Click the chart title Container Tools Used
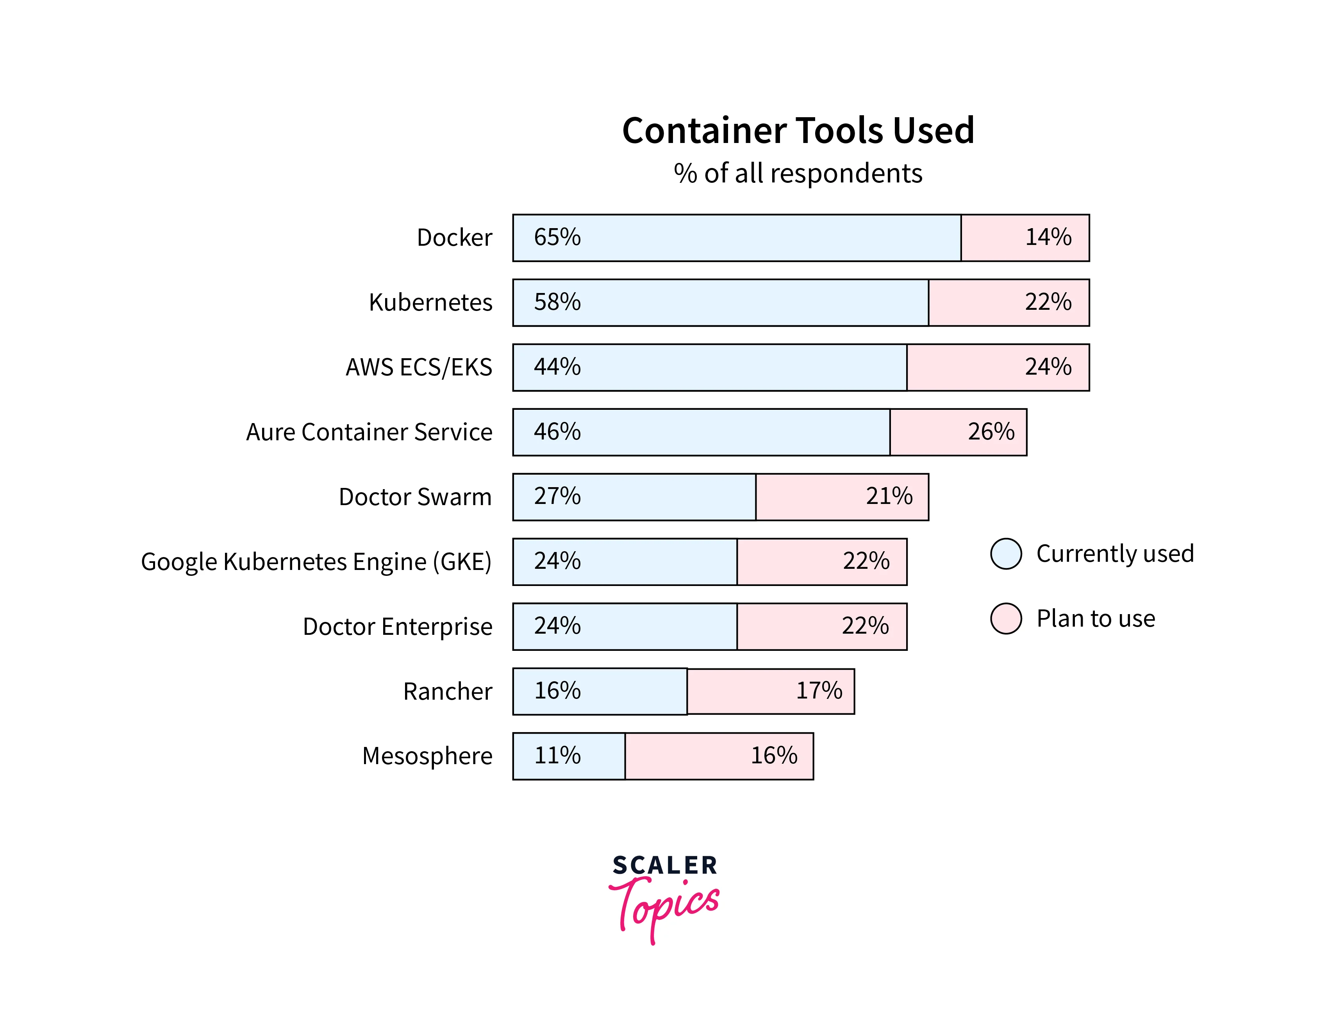tap(798, 130)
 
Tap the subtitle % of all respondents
tap(798, 173)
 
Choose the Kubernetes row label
tap(430, 302)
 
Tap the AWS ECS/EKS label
tap(419, 367)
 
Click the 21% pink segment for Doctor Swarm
tap(842, 497)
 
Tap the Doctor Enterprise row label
tap(398, 627)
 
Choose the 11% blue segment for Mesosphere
tap(569, 756)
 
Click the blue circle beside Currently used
tap(1006, 554)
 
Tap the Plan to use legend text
tap(1096, 619)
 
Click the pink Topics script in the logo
tap(665, 907)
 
